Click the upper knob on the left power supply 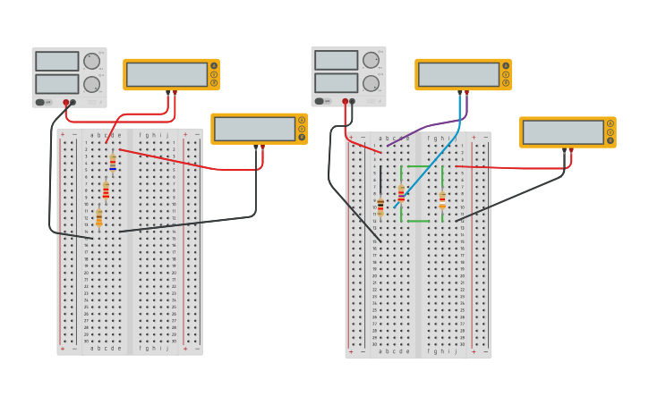(91, 61)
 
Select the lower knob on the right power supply (371, 83)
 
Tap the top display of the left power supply (57, 61)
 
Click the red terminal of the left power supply (65, 102)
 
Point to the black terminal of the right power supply (352, 101)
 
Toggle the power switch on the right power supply (320, 101)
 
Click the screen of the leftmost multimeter (167, 74)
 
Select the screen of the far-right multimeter (563, 132)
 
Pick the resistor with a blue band (113, 163)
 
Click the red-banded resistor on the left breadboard (106, 191)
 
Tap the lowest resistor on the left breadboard (98, 218)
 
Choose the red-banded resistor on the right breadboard (401, 194)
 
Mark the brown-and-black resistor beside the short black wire (380, 205)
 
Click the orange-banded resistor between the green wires (442, 199)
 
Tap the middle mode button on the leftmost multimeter (214, 74)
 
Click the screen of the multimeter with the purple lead (458, 74)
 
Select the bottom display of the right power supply (336, 82)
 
